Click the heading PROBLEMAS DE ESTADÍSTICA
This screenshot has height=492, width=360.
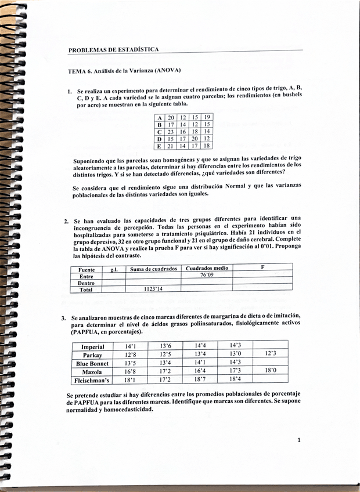pyautogui.click(x=113, y=50)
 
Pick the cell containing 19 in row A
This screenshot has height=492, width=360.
pyautogui.click(x=207, y=117)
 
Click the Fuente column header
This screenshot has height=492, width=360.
pyautogui.click(x=85, y=269)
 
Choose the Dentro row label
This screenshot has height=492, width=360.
pyautogui.click(x=86, y=283)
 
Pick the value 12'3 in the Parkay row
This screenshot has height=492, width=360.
pyautogui.click(x=270, y=353)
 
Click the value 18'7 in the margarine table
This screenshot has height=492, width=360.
pyautogui.click(x=200, y=379)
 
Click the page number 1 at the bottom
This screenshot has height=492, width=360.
pyautogui.click(x=298, y=440)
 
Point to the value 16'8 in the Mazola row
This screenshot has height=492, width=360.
pyautogui.click(x=130, y=371)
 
